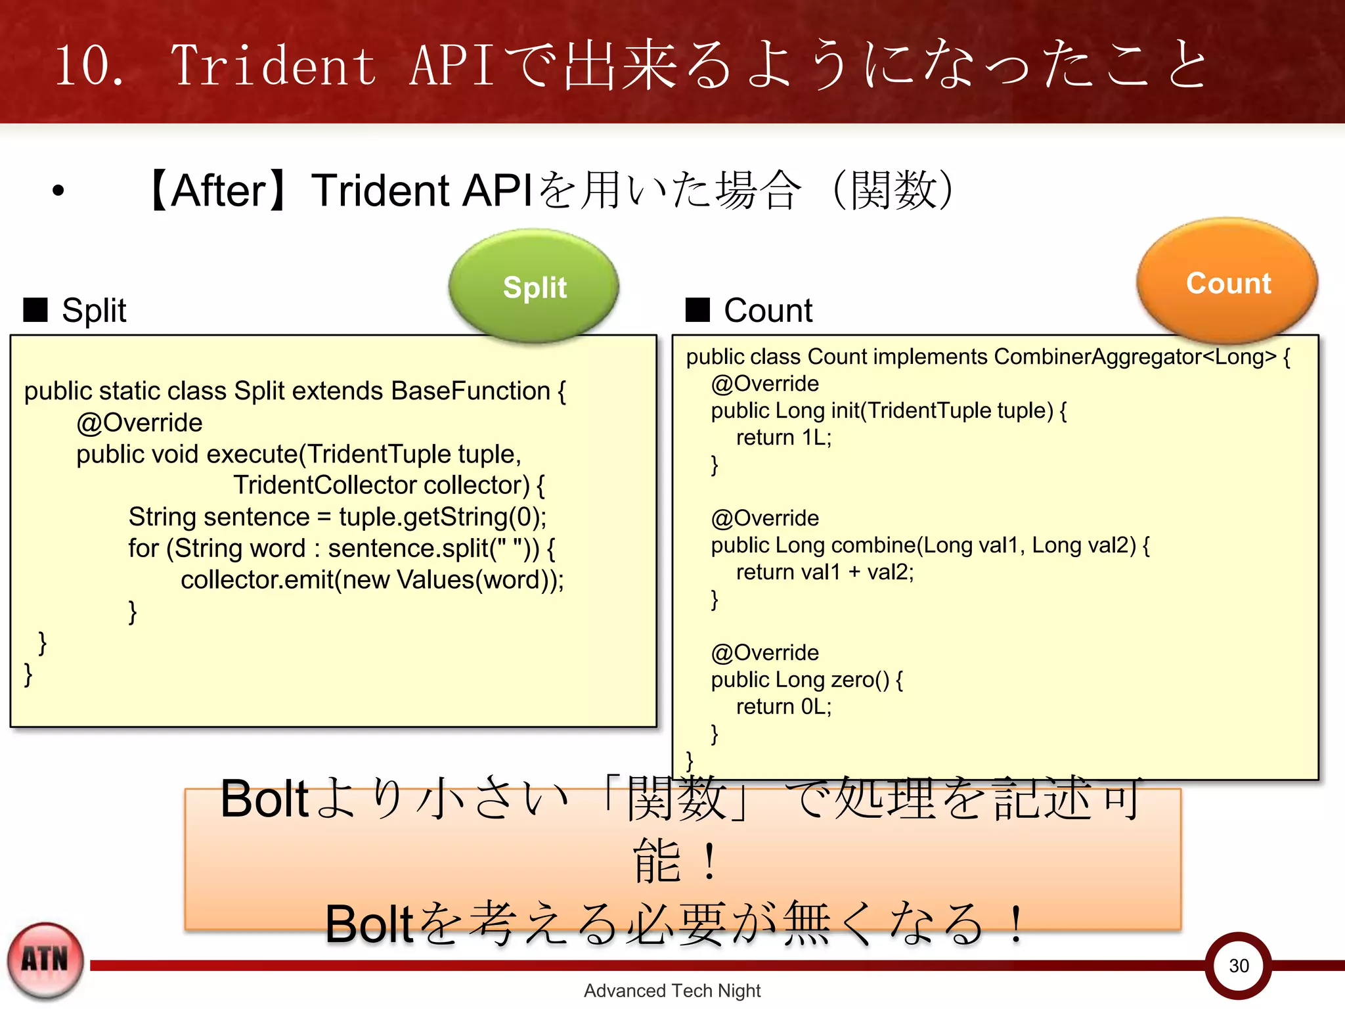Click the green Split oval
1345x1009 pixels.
point(534,286)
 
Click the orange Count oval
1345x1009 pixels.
point(1227,282)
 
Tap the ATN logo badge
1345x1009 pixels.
point(45,960)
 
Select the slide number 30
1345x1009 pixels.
point(1239,966)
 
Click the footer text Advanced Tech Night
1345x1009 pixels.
point(672,991)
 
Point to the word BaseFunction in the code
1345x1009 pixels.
point(470,391)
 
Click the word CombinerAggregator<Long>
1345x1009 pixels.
point(1135,357)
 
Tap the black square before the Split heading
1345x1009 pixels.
point(35,309)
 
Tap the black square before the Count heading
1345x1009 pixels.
point(697,309)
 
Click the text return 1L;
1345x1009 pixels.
point(783,437)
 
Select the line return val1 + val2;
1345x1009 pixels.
point(824,572)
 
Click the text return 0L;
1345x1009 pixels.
point(783,707)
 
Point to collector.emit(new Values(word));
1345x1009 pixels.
point(372,580)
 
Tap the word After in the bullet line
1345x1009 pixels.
point(218,191)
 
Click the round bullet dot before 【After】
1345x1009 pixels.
point(59,191)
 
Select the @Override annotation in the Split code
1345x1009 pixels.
point(139,422)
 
